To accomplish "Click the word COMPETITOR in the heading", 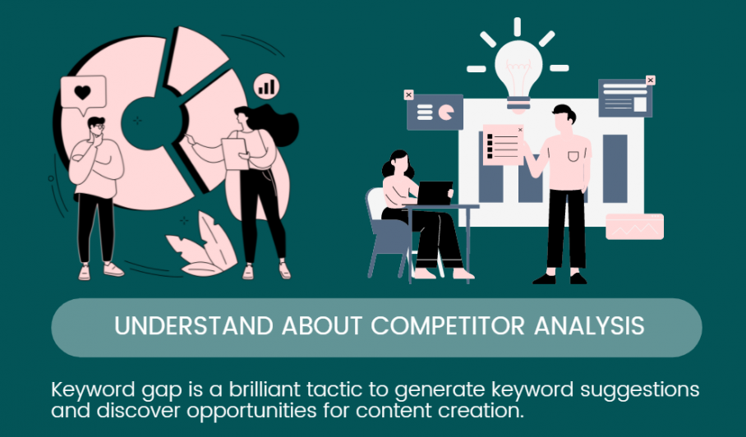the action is coord(447,326).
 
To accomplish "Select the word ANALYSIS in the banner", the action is coord(589,326).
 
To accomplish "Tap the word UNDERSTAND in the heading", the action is coord(194,326).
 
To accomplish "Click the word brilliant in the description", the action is coord(265,389).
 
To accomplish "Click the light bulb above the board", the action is coord(518,76).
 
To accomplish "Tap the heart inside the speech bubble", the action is coord(82,92).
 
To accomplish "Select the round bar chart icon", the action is coord(266,86).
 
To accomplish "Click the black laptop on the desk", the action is coord(435,192).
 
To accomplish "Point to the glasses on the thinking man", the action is coord(97,126).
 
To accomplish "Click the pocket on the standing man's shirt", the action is coord(573,156).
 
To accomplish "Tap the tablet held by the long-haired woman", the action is coord(235,154).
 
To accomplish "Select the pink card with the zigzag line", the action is coord(634,227).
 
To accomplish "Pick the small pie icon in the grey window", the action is coord(446,113).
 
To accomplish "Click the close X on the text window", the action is coord(651,80).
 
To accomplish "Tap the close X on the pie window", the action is coord(408,94).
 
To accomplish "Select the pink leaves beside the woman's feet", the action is coord(202,244).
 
